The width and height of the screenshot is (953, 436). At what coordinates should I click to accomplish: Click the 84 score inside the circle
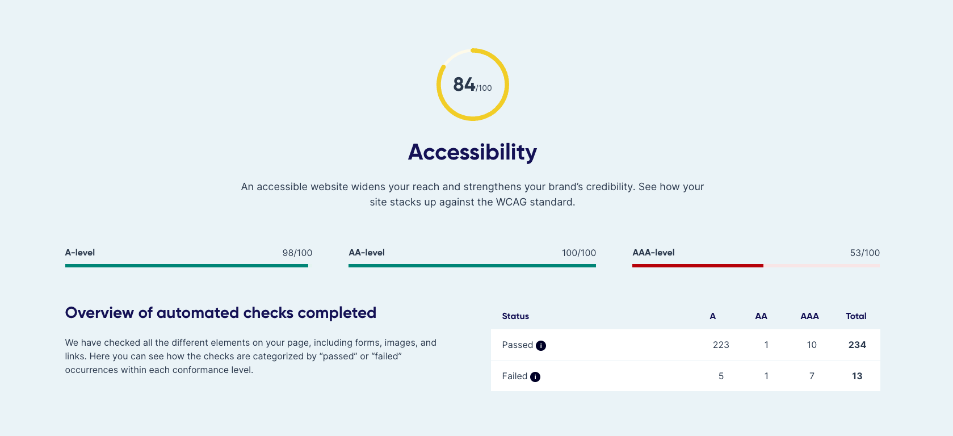(464, 84)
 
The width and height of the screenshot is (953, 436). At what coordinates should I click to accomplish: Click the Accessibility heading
(472, 152)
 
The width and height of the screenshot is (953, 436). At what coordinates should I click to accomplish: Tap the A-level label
(79, 253)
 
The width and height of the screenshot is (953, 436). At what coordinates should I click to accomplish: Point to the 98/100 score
(297, 253)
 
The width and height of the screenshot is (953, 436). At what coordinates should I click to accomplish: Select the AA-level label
(366, 253)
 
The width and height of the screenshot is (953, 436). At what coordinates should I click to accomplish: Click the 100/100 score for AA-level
(578, 253)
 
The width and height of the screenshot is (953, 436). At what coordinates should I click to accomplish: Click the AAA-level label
(653, 253)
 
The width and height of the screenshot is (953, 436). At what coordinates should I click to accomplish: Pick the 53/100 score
(864, 253)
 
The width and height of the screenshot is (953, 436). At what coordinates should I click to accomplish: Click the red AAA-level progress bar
(698, 266)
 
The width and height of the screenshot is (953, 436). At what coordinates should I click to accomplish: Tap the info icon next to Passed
(541, 346)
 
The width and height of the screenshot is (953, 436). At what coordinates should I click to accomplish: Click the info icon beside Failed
(535, 377)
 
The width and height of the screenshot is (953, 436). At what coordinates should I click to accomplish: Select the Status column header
(515, 316)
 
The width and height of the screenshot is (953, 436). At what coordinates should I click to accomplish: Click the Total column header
(856, 316)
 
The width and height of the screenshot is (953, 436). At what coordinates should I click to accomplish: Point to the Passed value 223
(721, 345)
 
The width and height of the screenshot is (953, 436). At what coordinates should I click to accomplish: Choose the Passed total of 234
(857, 345)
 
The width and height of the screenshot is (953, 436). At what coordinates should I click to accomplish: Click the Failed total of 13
(857, 376)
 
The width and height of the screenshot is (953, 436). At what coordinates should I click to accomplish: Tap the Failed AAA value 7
(812, 376)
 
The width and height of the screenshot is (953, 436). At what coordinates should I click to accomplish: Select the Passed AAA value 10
(812, 345)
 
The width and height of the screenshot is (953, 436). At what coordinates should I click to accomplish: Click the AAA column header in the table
(809, 316)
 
